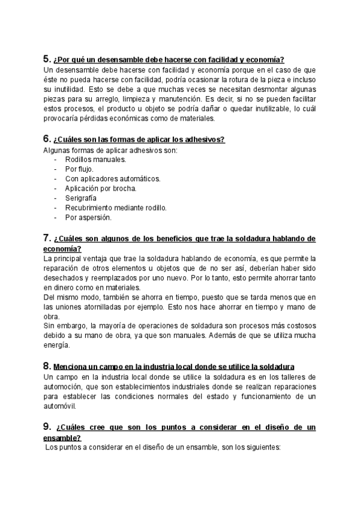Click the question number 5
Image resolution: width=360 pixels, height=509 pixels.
(x=47, y=59)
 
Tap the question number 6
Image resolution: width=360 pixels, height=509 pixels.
(x=47, y=139)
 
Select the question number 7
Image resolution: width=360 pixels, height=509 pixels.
(x=47, y=238)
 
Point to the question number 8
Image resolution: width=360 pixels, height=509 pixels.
(x=47, y=366)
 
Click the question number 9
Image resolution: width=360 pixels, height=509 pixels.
(x=47, y=427)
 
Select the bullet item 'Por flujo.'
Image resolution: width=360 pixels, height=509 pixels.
(x=79, y=169)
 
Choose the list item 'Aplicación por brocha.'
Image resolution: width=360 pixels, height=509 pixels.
(x=101, y=188)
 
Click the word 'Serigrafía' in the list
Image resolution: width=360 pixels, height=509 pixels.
(x=81, y=198)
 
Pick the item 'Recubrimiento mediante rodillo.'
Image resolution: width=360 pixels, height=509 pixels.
(x=116, y=208)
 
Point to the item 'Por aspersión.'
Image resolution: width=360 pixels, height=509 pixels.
(x=88, y=217)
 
